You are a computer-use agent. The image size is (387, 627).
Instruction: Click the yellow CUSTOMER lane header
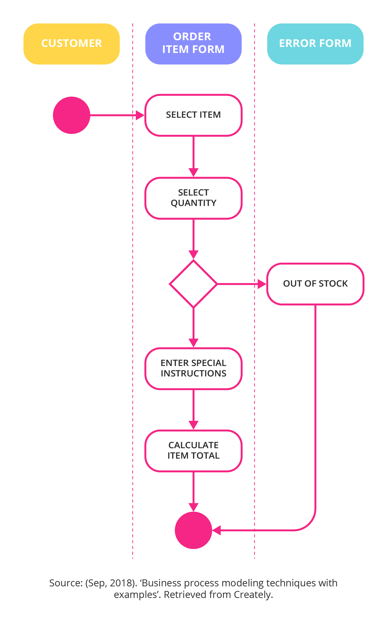(x=72, y=44)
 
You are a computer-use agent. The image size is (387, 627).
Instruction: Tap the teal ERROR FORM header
(x=315, y=44)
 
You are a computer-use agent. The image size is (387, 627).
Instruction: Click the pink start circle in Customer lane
(x=72, y=115)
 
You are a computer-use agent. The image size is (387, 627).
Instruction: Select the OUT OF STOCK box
(x=315, y=284)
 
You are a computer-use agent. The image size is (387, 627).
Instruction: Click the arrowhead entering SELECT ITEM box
(x=140, y=115)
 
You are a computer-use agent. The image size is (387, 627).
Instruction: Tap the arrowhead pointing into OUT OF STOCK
(x=262, y=284)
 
